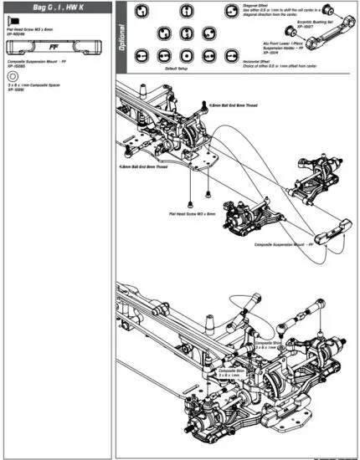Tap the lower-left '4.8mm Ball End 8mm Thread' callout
tap(144, 166)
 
